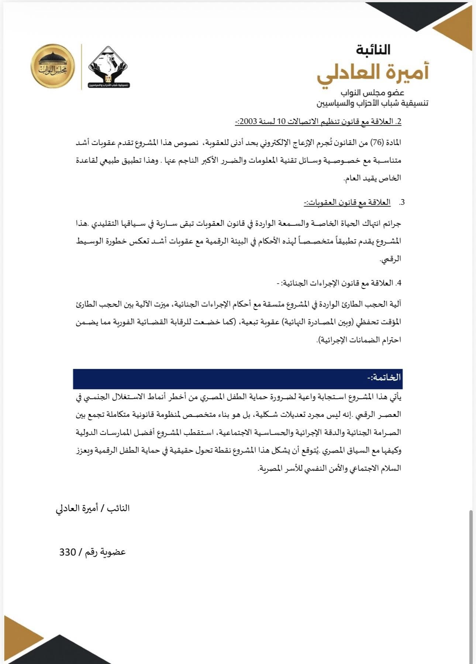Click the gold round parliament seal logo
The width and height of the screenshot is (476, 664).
pyautogui.click(x=53, y=66)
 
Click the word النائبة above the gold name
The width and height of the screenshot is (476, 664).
pyautogui.click(x=373, y=50)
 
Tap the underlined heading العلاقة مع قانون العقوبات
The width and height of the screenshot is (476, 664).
pyautogui.click(x=347, y=203)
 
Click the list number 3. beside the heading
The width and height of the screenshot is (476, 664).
pyautogui.click(x=402, y=203)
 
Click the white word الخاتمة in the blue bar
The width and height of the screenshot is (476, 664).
pyautogui.click(x=384, y=378)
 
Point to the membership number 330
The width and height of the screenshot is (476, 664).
pyautogui.click(x=68, y=552)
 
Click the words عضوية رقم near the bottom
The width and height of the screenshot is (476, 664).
pyautogui.click(x=106, y=552)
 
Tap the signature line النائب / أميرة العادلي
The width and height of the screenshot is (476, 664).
pyautogui.click(x=93, y=508)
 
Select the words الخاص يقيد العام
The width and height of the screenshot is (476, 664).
pyautogui.click(x=372, y=178)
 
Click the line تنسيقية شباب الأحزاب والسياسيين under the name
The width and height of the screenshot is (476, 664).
pyautogui.click(x=372, y=103)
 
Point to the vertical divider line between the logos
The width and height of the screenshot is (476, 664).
pyautogui.click(x=81, y=67)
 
